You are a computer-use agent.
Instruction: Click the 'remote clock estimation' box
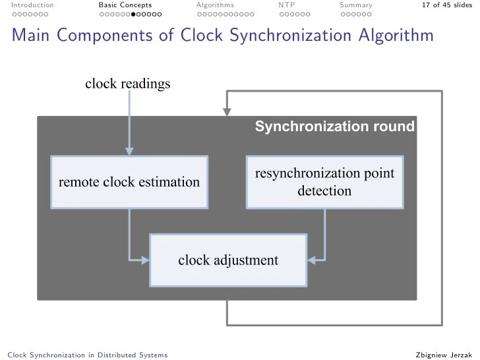pyautogui.click(x=129, y=181)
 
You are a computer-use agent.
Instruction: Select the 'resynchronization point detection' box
pyautogui.click(x=324, y=182)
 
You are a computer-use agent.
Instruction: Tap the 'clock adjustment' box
pyautogui.click(x=228, y=260)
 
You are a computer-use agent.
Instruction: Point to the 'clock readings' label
pyautogui.click(x=128, y=84)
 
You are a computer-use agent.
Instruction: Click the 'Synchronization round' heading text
pyautogui.click(x=335, y=127)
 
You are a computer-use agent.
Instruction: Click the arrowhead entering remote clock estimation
pyautogui.click(x=129, y=152)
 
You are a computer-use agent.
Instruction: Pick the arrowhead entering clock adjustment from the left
pyautogui.click(x=146, y=260)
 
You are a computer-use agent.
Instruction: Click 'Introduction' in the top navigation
pyautogui.click(x=28, y=5)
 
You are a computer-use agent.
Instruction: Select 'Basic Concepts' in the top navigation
pyautogui.click(x=125, y=5)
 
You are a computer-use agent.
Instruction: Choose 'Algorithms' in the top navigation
pyautogui.click(x=215, y=5)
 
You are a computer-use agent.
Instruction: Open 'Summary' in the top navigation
pyautogui.click(x=356, y=5)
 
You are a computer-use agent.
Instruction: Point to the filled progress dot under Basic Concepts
pyautogui.click(x=133, y=14)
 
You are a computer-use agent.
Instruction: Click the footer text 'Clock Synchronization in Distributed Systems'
pyautogui.click(x=86, y=355)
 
